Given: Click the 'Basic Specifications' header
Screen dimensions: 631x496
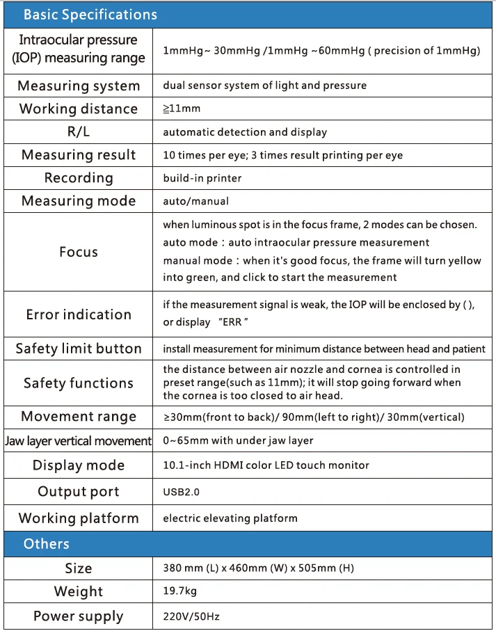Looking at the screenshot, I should click(x=90, y=15).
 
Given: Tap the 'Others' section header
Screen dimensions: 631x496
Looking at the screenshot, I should click(x=47, y=544).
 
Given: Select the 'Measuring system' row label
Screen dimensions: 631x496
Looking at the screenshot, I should click(x=79, y=86).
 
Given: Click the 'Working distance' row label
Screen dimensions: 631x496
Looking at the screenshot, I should click(x=79, y=109).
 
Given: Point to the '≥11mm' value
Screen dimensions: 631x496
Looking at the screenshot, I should click(x=182, y=109).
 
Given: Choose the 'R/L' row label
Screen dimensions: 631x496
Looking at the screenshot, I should click(x=79, y=132).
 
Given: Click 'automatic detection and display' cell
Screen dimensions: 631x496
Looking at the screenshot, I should click(x=245, y=132).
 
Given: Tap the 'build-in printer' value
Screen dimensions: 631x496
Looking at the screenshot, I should click(x=202, y=178).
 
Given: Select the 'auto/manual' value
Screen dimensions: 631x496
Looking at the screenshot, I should click(x=195, y=201).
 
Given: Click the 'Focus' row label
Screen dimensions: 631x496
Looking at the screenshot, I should click(x=79, y=252).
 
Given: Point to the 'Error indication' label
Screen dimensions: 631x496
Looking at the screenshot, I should click(x=79, y=314).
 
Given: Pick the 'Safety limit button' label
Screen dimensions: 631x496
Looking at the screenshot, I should click(x=79, y=349).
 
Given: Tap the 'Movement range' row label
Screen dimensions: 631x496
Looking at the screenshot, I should click(x=79, y=417).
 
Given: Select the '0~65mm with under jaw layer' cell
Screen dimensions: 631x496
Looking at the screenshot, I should click(x=238, y=440).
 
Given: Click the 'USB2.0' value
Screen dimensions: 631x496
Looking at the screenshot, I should click(x=182, y=492).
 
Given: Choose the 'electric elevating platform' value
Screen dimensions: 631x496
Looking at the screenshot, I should click(x=230, y=518).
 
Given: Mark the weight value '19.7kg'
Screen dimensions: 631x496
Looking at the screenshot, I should click(x=179, y=591).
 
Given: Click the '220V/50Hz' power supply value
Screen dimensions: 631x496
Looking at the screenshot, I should click(x=192, y=616).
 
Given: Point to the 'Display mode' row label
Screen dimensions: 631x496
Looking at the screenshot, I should click(x=79, y=465).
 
